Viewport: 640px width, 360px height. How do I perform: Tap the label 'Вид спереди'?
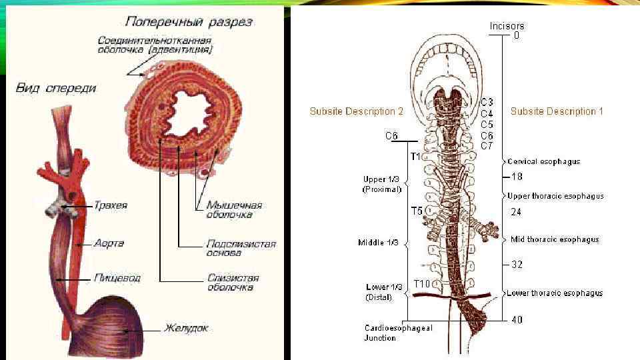click(x=56, y=87)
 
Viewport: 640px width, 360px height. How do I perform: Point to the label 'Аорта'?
click(x=109, y=244)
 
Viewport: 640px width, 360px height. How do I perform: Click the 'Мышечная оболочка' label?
click(x=233, y=210)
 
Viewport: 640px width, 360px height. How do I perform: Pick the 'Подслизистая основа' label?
click(x=241, y=249)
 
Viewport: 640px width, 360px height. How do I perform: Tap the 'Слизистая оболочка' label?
click(x=233, y=283)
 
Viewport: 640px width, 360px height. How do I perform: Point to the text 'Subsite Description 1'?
click(x=557, y=111)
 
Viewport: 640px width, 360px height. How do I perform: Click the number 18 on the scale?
click(x=517, y=177)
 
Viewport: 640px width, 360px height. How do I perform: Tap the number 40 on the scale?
click(x=517, y=320)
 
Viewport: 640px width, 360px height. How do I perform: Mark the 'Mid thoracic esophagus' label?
click(x=554, y=239)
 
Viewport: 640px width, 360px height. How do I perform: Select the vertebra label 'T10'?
click(x=422, y=284)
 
